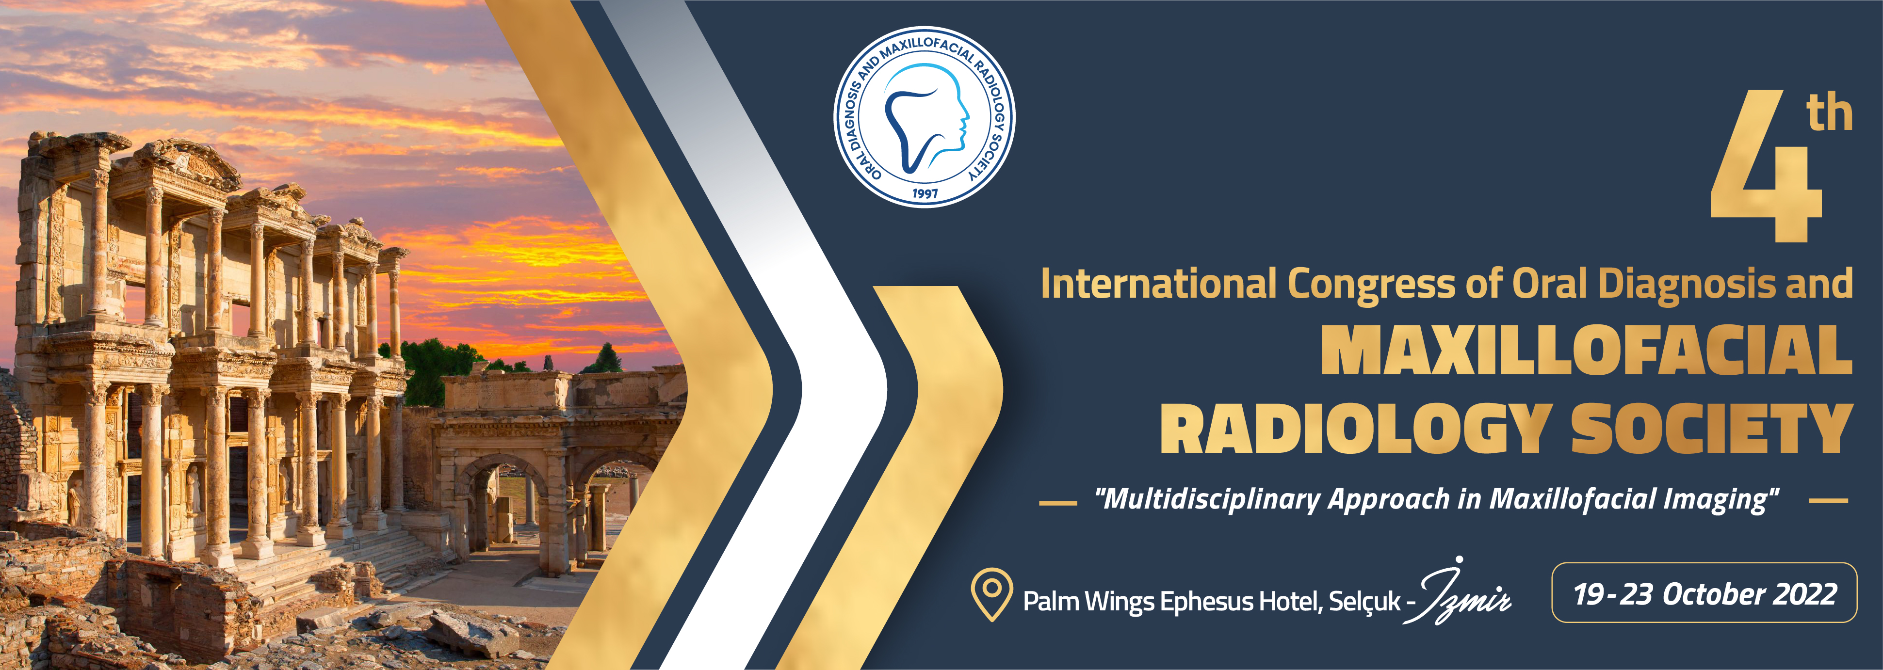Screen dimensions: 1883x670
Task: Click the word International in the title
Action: click(x=1159, y=284)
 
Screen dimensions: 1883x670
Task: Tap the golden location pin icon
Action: click(x=991, y=593)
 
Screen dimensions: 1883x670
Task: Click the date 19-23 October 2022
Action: click(x=1704, y=594)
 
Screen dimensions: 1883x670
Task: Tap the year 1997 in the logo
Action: click(x=925, y=193)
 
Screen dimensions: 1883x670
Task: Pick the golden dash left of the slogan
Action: click(x=1058, y=503)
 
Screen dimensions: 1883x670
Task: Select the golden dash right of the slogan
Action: click(x=1828, y=501)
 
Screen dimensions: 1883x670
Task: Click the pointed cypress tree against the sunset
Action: click(x=606, y=358)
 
